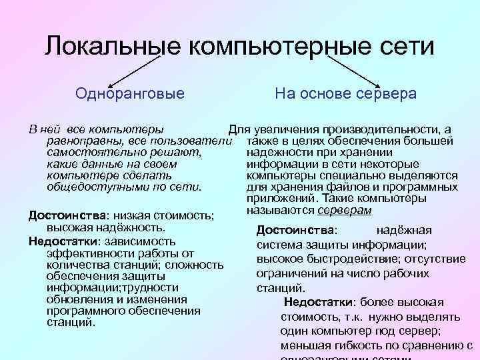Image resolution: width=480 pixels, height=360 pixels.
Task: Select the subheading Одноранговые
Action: (x=130, y=93)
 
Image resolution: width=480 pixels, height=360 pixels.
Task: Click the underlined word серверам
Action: (x=345, y=210)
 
